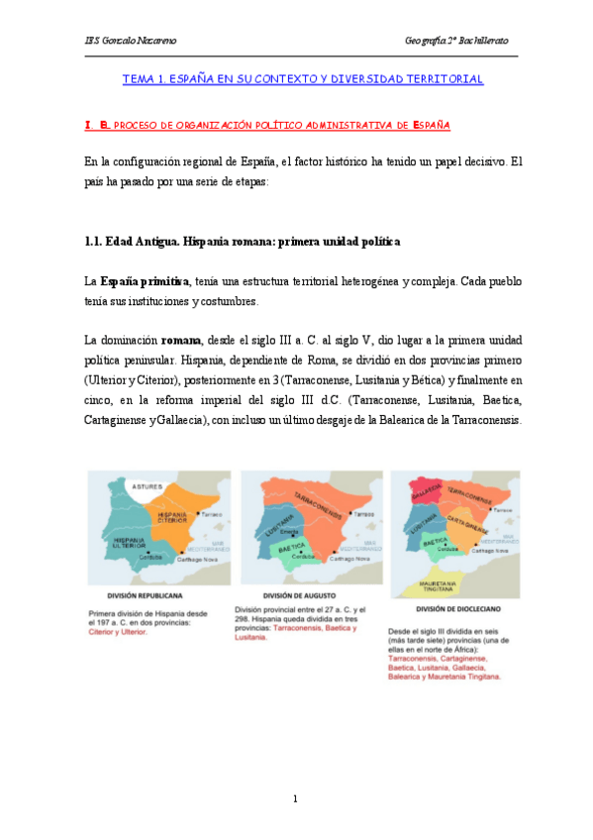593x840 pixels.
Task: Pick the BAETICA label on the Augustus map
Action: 290,546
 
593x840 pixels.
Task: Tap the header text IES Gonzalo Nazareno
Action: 123,41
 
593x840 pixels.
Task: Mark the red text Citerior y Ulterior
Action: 119,631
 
